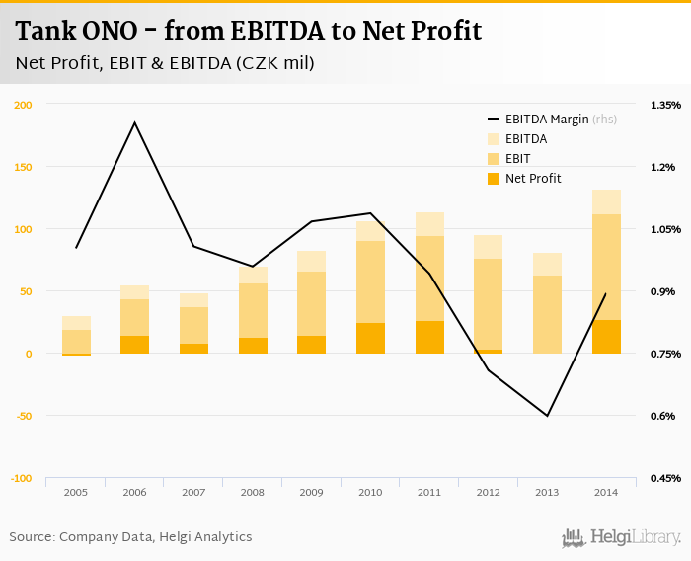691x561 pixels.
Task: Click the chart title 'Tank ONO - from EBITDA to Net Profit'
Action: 249,31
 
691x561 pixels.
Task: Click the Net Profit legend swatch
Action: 494,179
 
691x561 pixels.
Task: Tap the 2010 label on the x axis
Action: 370,491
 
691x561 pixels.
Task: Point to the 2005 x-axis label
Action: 76,491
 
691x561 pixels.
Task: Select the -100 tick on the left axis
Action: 22,478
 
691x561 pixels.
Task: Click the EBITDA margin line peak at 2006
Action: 135,122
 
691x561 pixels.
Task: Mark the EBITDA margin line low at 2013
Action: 547,416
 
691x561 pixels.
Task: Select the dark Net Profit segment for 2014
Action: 606,337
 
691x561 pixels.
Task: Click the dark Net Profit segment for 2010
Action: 370,338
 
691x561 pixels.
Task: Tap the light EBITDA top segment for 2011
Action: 429,224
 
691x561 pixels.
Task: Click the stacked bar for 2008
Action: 253,310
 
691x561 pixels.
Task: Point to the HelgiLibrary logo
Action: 622,537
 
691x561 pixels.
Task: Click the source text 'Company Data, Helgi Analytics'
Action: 155,537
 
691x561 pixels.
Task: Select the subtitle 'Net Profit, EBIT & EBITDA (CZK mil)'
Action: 165,64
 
